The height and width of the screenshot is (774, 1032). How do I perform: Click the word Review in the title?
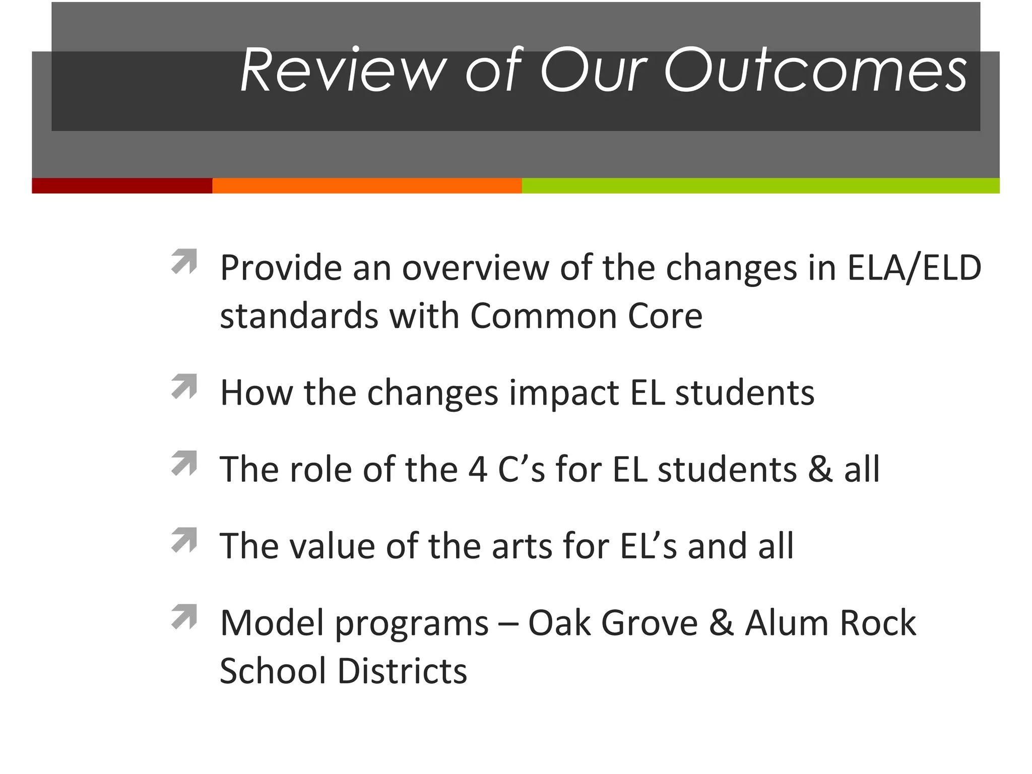[x=343, y=71]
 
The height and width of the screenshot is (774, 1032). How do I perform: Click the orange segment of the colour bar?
[x=367, y=185]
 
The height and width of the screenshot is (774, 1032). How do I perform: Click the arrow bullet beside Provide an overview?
[x=184, y=261]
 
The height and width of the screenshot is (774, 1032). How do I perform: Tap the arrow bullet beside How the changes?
[x=184, y=386]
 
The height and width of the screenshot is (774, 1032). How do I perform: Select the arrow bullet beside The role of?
[x=184, y=463]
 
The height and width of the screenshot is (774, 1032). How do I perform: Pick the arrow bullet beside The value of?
[x=184, y=540]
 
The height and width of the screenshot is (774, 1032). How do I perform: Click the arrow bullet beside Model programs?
[x=184, y=617]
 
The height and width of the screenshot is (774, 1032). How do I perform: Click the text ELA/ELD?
[x=914, y=268]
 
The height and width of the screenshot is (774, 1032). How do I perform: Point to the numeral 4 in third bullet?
[x=478, y=470]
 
